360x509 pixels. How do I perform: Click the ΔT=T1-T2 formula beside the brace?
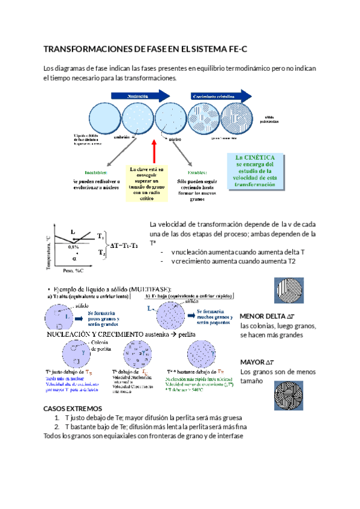[128, 245]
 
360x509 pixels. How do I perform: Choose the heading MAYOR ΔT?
[257, 363]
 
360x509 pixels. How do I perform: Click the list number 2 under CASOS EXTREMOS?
[56, 427]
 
